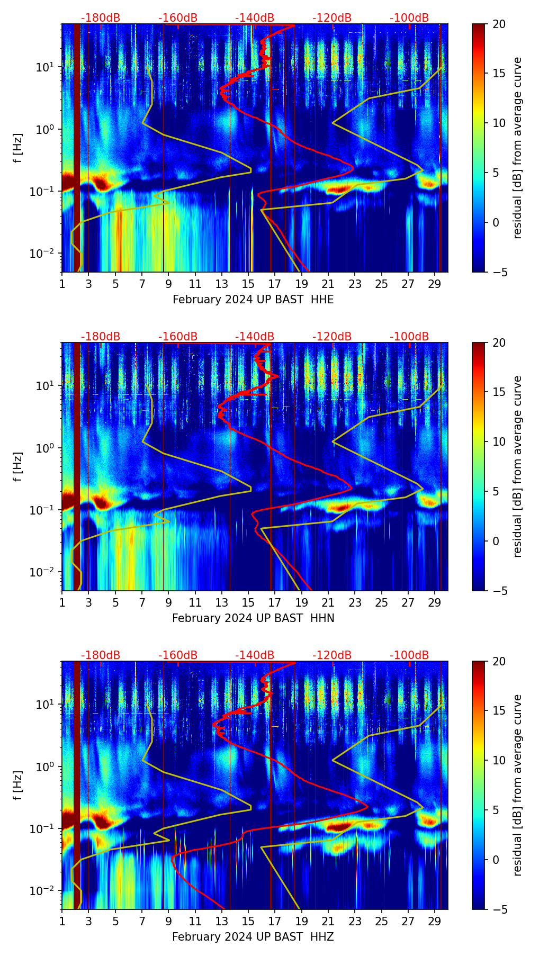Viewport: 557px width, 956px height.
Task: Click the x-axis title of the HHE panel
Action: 253,300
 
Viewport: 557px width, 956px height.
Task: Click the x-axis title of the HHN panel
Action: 253,618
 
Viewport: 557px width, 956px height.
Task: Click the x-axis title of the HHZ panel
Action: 253,937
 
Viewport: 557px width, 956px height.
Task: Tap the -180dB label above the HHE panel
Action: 101,18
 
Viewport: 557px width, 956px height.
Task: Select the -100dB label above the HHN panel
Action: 409,337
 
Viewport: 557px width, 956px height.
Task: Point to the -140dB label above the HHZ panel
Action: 255,655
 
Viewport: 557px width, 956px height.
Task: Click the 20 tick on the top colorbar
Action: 499,24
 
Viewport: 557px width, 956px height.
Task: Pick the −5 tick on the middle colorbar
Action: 499,591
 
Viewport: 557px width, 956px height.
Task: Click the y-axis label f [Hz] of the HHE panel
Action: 18,148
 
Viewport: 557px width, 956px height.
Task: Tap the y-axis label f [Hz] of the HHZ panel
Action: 18,786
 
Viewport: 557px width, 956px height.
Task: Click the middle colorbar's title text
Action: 518,466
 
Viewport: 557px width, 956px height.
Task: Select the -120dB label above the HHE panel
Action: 332,18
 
